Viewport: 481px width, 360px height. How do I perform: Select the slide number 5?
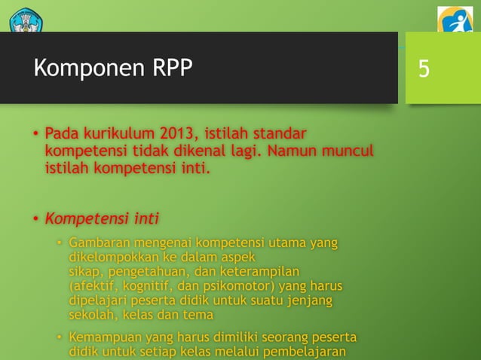click(424, 69)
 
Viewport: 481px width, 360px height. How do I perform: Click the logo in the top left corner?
click(26, 20)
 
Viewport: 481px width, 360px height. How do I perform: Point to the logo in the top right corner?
click(455, 20)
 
